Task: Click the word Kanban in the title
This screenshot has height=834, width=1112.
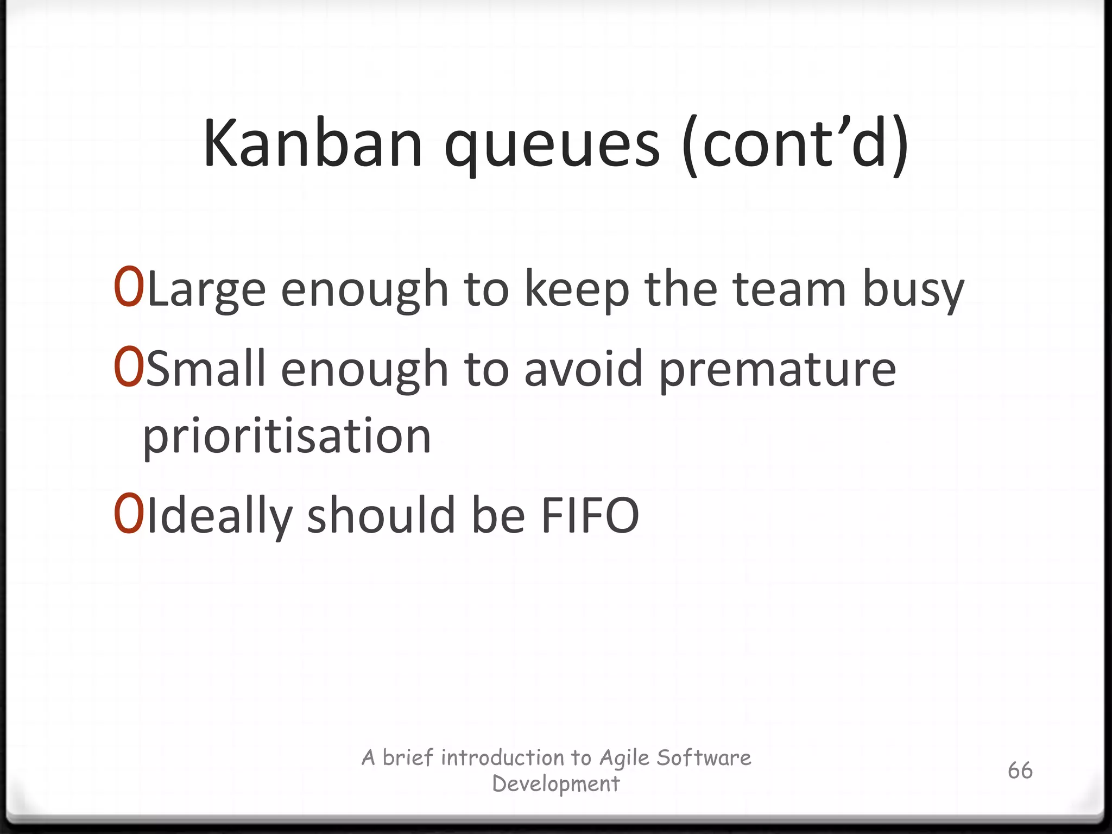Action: point(312,144)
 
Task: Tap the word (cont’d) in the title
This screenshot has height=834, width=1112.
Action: point(796,144)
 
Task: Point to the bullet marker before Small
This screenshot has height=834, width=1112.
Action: point(129,368)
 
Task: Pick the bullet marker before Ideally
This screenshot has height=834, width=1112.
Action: point(129,514)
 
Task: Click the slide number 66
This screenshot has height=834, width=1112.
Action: point(1020,770)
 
